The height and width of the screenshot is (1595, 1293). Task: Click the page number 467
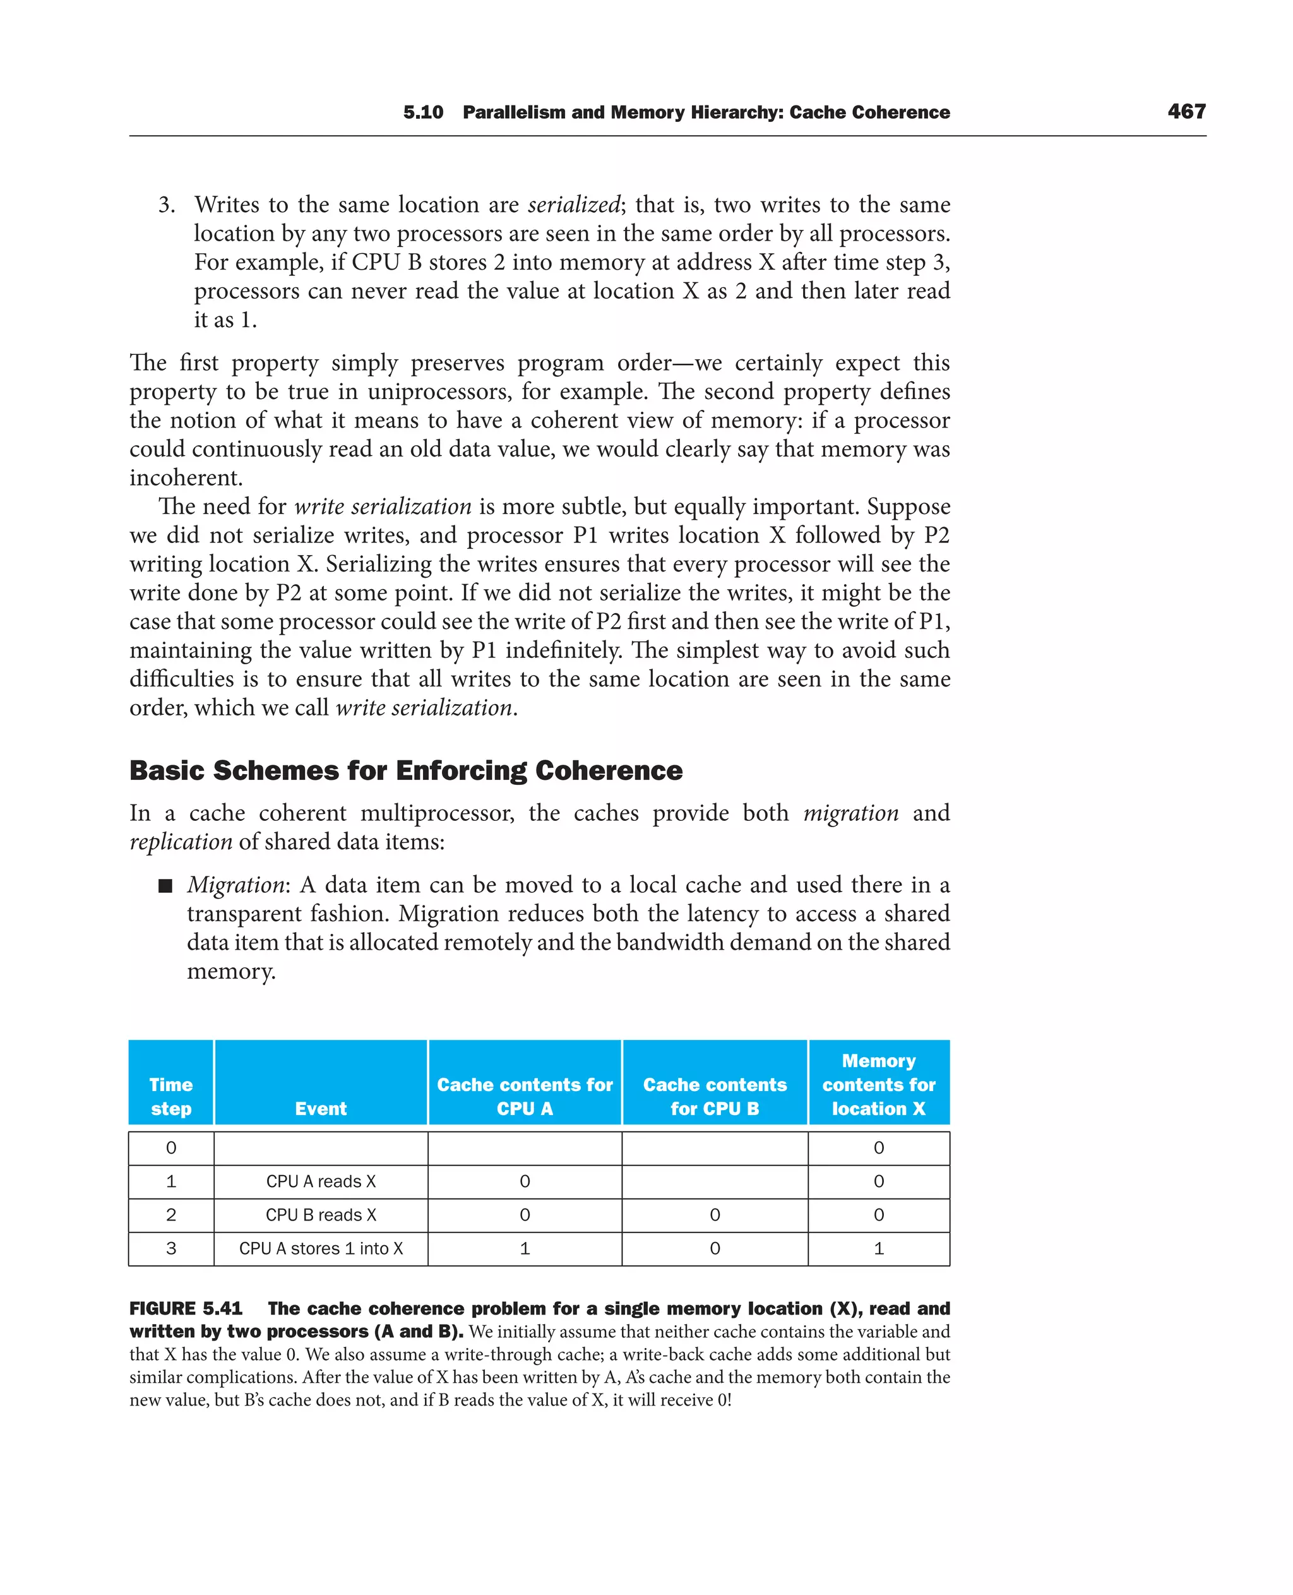1186,112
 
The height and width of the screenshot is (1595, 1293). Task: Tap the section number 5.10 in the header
422,112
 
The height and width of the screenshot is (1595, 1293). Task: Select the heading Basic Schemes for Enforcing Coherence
406,770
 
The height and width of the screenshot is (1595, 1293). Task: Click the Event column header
320,1109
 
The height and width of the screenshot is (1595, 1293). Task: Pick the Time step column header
170,1096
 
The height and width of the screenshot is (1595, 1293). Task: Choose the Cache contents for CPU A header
525,1096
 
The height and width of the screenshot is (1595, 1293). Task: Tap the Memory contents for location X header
878,1085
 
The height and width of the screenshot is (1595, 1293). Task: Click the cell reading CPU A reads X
320,1181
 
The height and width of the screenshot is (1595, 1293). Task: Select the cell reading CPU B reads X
320,1215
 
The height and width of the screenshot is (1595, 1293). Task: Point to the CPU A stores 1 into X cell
320,1248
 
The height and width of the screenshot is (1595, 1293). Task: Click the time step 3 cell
170,1248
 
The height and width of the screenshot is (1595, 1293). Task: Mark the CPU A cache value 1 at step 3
525,1248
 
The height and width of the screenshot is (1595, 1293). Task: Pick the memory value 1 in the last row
878,1248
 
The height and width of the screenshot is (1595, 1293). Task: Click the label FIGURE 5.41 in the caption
186,1309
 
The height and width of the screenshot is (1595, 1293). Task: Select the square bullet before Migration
165,886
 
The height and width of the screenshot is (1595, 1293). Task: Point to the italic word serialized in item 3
573,205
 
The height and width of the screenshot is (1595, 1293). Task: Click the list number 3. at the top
166,205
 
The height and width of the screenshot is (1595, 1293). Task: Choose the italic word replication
181,842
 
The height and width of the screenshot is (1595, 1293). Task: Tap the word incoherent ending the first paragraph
186,477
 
